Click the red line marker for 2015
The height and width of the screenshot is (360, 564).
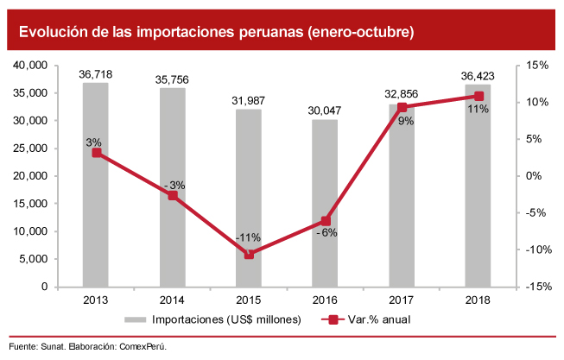click(249, 255)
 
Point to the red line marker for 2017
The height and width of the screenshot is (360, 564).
click(402, 107)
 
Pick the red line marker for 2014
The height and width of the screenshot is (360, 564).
click(173, 196)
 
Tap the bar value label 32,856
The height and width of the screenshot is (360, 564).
click(402, 97)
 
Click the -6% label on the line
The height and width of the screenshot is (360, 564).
click(326, 233)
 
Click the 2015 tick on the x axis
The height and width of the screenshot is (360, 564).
click(249, 299)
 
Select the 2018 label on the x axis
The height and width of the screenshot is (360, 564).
click(478, 299)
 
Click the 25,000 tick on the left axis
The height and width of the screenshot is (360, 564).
click(30, 148)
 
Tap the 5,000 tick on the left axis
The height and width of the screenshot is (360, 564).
click(34, 259)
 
